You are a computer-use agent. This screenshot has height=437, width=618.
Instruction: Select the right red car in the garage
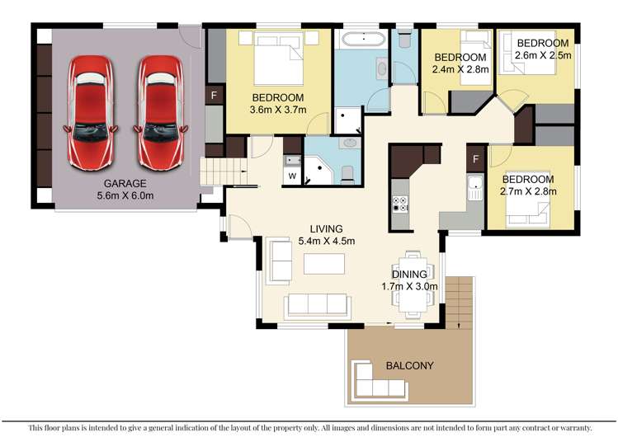(x=158, y=99)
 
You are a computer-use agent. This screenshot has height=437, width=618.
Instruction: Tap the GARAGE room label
(x=124, y=183)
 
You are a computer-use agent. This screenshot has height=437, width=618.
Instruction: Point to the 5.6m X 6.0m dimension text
(x=124, y=195)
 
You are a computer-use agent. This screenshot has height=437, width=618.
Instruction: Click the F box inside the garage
(x=214, y=96)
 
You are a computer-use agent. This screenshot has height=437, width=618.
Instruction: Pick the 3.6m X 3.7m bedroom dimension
(x=277, y=110)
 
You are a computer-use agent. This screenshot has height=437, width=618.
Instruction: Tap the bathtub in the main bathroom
(x=362, y=39)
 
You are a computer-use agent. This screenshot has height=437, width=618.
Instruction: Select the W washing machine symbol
(x=292, y=176)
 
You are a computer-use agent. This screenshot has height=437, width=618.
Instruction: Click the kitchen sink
(x=474, y=189)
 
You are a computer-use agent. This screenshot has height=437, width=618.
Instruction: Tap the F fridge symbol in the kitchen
(x=476, y=157)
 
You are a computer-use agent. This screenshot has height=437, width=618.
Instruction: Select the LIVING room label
(x=326, y=229)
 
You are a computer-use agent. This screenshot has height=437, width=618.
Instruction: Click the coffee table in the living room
(x=323, y=265)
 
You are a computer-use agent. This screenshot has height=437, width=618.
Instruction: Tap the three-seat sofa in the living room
(x=316, y=305)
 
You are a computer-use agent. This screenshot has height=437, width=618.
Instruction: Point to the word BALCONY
(x=409, y=365)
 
